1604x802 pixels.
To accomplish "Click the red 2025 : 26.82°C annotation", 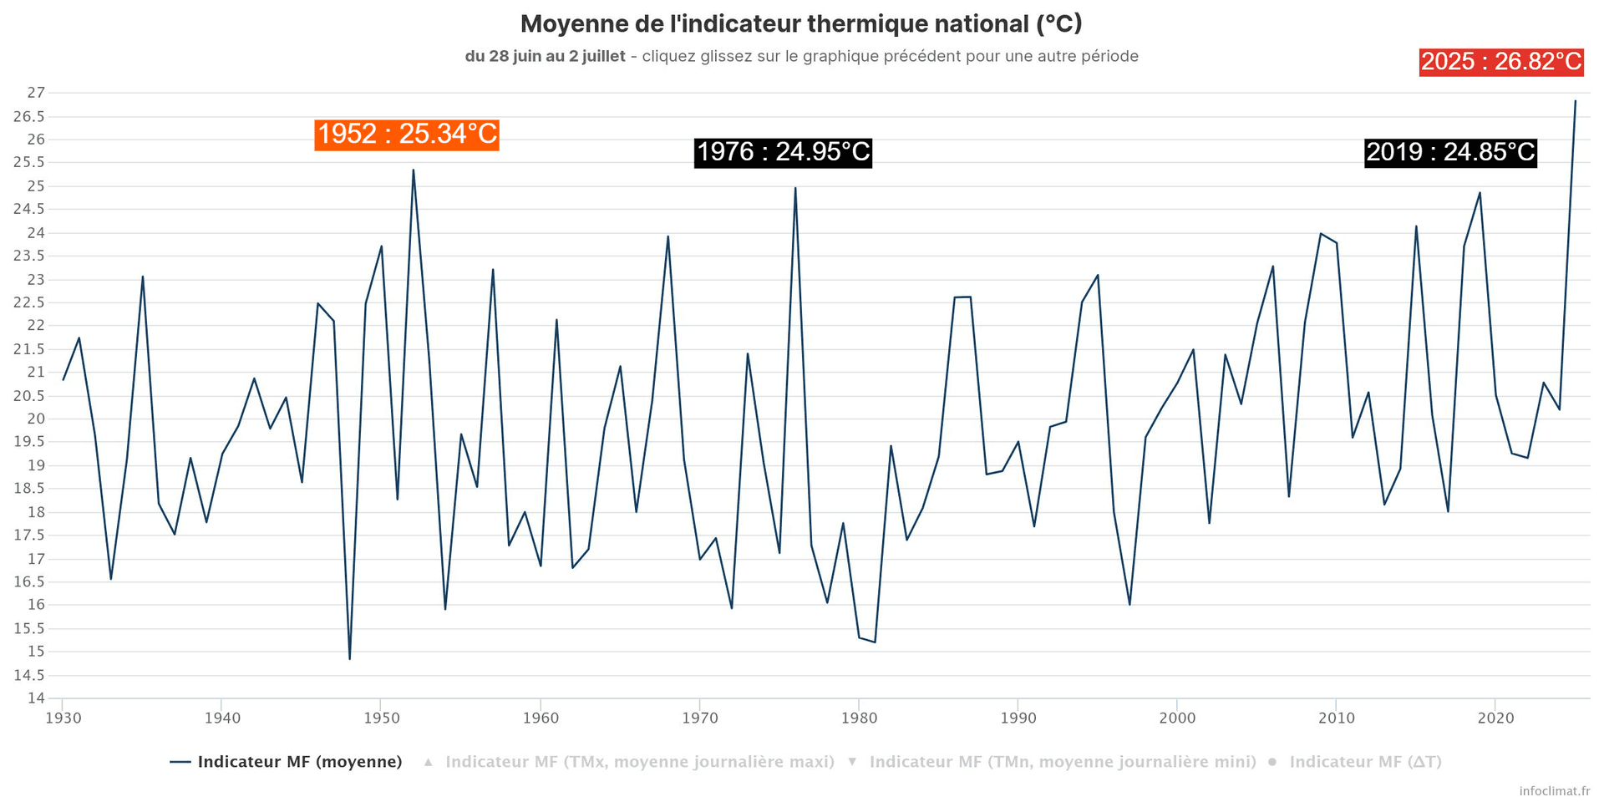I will [1501, 62].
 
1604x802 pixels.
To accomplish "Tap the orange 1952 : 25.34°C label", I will [407, 135].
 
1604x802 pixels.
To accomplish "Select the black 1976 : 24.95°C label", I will [783, 152].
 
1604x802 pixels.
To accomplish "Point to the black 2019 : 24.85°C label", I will [1450, 152].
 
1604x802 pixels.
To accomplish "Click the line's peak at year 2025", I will [1575, 101].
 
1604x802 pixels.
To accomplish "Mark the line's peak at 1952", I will [413, 170].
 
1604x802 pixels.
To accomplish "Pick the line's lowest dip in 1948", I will [349, 658].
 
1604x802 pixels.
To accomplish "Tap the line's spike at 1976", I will [794, 188].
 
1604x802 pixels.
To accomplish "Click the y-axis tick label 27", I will [35, 93].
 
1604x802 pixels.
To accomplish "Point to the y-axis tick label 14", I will [35, 698].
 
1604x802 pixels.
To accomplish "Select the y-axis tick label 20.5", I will [28, 396].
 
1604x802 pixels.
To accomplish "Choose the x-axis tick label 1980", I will [859, 718].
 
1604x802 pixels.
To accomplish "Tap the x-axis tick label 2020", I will [1495, 718].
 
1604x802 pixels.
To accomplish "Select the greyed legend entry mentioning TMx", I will [639, 762].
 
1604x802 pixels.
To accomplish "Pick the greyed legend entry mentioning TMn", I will [1062, 762].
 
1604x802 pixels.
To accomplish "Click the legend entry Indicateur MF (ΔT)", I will [1365, 762].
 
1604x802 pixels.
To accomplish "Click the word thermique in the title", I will [865, 24].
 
